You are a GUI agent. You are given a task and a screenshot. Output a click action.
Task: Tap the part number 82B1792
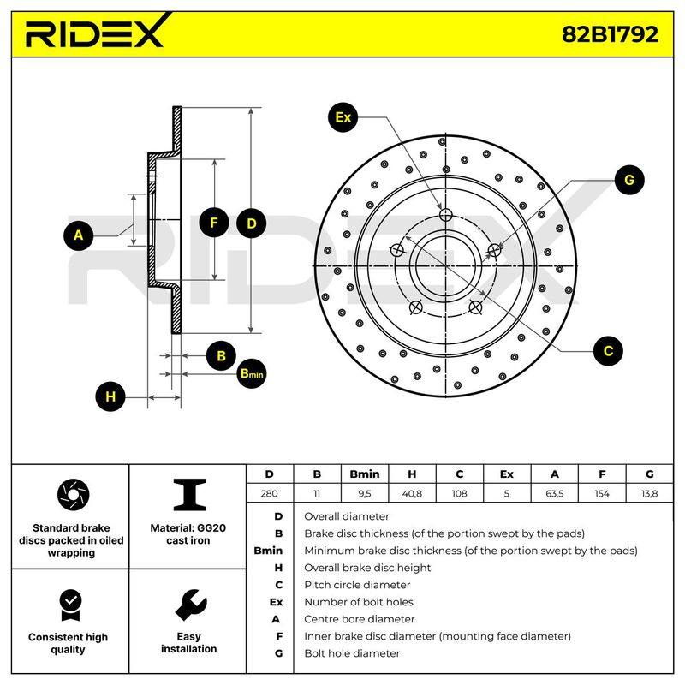[610, 34]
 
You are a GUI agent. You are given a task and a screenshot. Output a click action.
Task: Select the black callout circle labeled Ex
[343, 117]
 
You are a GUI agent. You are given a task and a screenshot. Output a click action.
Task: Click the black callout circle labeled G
[629, 180]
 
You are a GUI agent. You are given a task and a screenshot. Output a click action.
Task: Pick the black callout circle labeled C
[608, 351]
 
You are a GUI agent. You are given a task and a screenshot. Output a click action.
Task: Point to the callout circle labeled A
[79, 235]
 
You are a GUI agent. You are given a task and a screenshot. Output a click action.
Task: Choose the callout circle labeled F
[213, 223]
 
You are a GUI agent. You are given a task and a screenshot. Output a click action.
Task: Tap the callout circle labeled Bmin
[252, 373]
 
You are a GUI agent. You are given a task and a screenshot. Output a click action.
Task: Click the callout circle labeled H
[110, 396]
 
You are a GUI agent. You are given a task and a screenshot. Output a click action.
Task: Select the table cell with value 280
[269, 494]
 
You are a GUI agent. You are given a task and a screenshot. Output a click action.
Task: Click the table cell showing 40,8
[412, 494]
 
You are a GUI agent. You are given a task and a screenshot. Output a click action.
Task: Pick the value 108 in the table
[459, 494]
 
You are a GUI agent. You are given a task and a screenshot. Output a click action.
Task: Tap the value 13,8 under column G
[649, 494]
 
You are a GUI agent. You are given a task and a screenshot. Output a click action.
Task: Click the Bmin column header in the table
[365, 474]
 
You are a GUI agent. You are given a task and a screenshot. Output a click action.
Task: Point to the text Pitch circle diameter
[357, 585]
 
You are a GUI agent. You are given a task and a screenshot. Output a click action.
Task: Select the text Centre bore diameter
[359, 619]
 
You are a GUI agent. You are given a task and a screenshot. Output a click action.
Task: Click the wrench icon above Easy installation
[190, 605]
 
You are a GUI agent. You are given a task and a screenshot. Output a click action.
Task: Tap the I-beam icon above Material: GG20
[189, 495]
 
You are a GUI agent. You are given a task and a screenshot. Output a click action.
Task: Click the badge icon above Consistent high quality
[71, 605]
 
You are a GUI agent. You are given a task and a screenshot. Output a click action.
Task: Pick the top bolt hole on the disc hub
[445, 215]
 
